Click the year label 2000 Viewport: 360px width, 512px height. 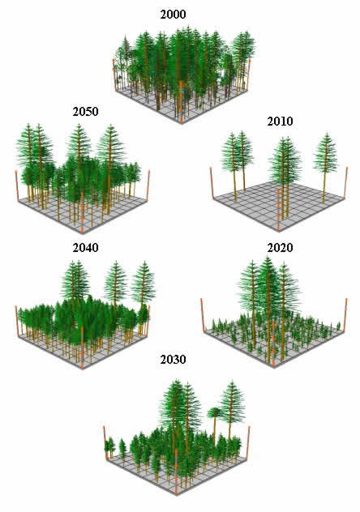pos(174,15)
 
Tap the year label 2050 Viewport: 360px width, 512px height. pos(86,112)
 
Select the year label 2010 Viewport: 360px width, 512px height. pos(280,122)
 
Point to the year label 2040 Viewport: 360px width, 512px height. pos(86,248)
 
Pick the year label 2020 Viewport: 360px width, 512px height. pos(280,248)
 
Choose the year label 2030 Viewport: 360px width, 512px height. pos(174,360)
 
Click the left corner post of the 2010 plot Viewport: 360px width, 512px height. pos(212,183)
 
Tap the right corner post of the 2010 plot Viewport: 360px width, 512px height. pos(346,183)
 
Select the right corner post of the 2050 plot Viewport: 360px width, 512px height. pos(148,186)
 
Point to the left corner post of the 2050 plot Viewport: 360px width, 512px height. pos(17,185)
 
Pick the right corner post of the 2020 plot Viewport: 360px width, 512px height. pos(345,314)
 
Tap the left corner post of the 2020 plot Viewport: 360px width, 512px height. pos(203,315)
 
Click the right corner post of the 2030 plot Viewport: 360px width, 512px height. pos(248,443)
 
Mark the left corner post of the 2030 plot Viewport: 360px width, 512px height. pos(105,443)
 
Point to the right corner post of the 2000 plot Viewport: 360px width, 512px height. pos(249,75)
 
